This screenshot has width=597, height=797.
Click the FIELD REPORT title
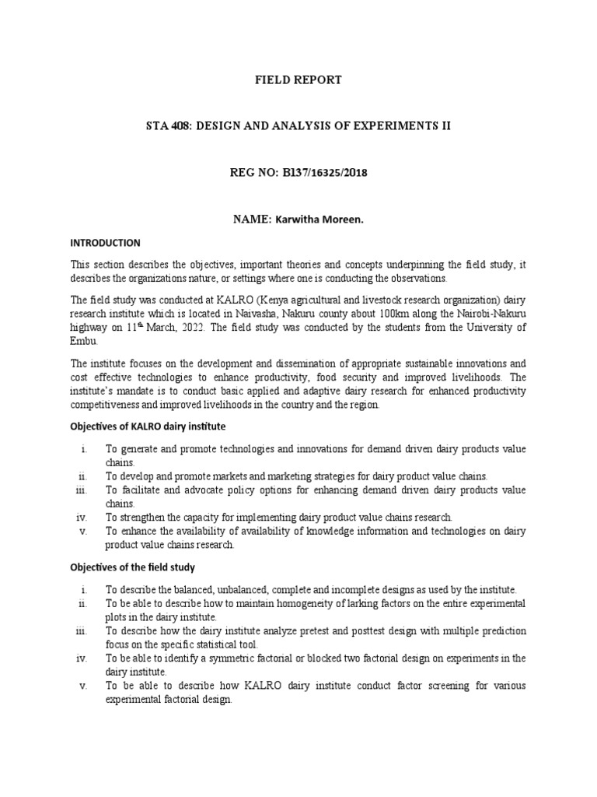pyautogui.click(x=299, y=80)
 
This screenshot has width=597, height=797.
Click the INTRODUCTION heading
pyautogui.click(x=106, y=243)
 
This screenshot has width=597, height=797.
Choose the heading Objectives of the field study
pyautogui.click(x=133, y=567)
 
